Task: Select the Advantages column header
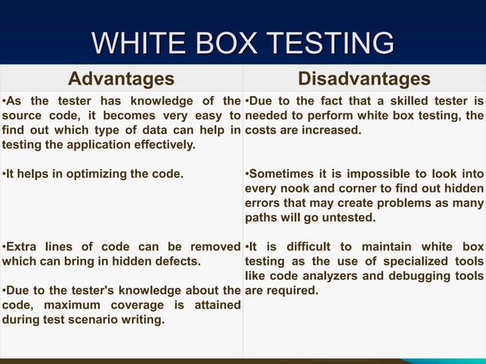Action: coord(121,79)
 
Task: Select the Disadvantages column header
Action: coord(364,79)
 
